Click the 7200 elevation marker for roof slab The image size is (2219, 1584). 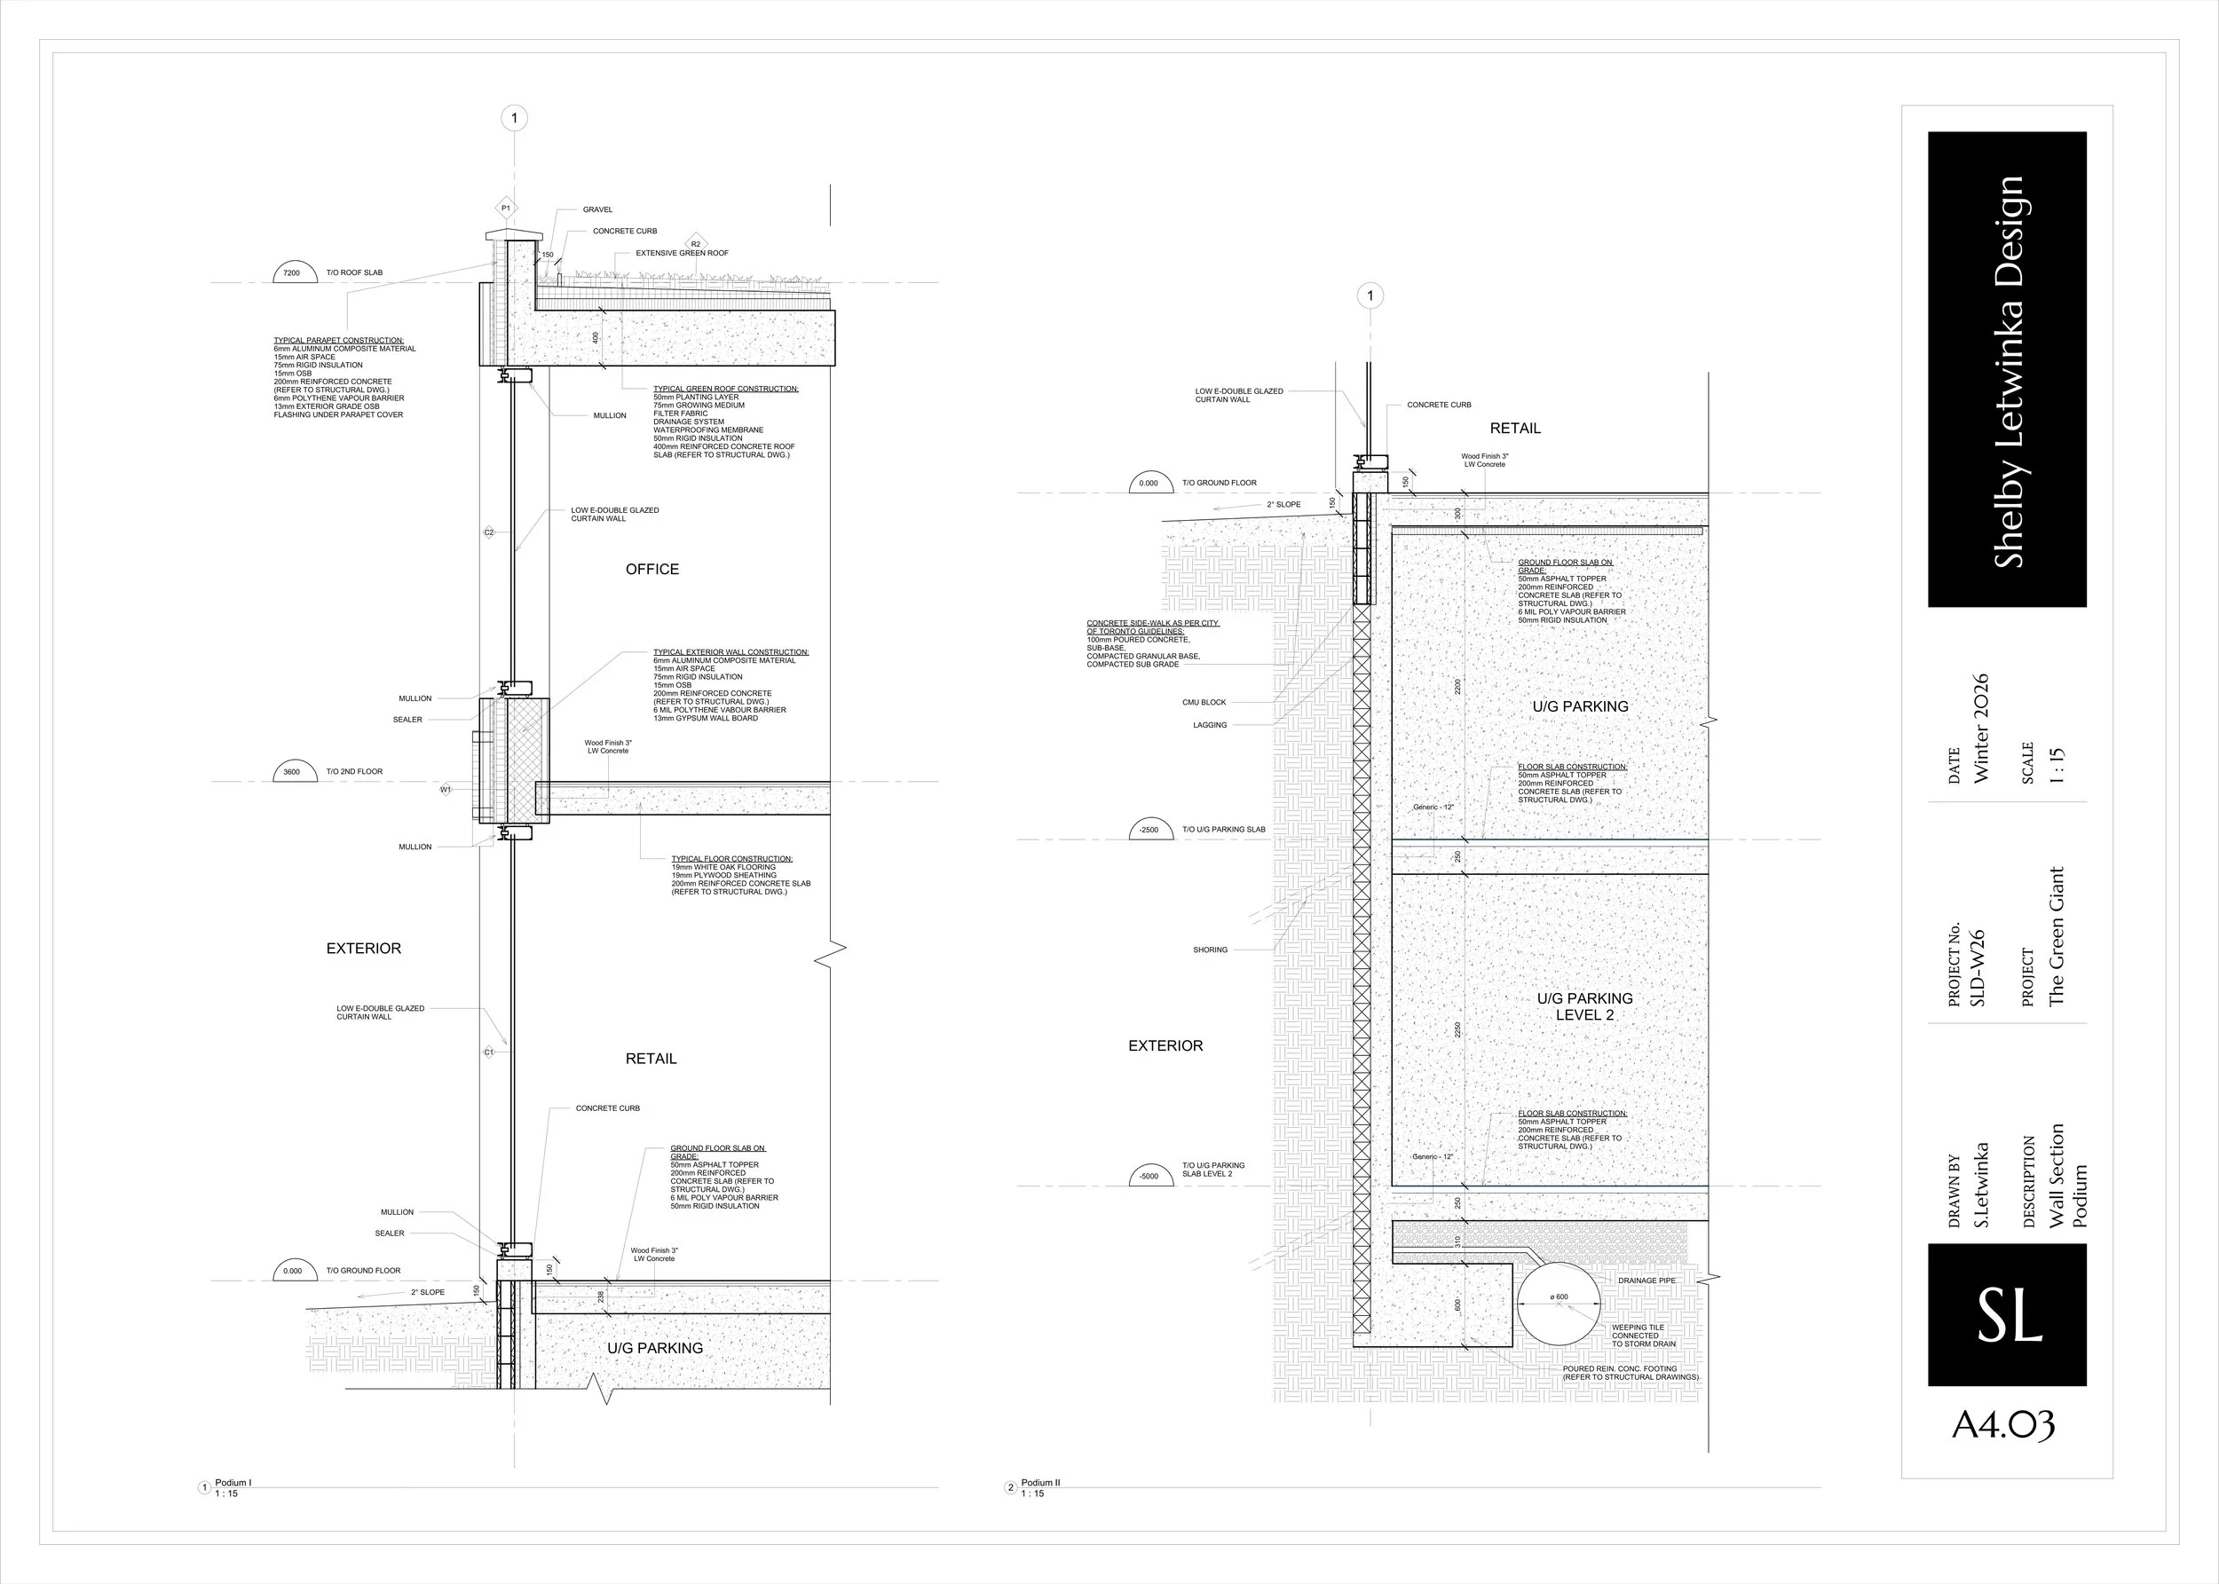click(292, 273)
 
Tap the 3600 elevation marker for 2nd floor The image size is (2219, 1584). click(292, 771)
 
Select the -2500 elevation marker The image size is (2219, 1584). click(1149, 829)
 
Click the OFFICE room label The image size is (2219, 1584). click(652, 570)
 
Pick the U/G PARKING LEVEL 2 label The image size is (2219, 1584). click(1585, 1006)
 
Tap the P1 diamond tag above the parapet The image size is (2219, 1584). click(505, 208)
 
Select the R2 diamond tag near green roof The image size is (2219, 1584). click(696, 244)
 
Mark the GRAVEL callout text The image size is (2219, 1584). click(598, 209)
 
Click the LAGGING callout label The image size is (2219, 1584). click(1210, 726)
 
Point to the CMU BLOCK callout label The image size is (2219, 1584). click(1204, 702)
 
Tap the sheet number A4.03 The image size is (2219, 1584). click(2003, 1425)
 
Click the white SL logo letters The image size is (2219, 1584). click(2009, 1316)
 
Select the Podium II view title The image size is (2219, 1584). click(1041, 1483)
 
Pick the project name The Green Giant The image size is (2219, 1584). click(2056, 936)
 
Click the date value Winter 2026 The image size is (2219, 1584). click(1980, 729)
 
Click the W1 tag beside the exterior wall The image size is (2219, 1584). click(446, 790)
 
